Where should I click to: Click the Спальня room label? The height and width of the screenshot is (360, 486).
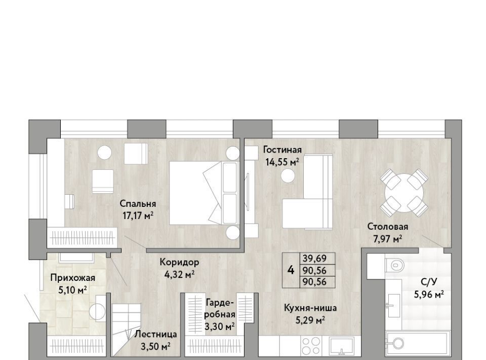pyautogui.click(x=138, y=204)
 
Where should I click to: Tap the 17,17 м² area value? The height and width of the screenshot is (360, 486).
pyautogui.click(x=138, y=215)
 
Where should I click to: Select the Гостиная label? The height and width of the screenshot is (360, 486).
pyautogui.click(x=282, y=150)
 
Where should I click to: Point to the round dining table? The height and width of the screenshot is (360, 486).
pyautogui.click(x=404, y=193)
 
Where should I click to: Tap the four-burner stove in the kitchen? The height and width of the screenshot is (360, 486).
pyautogui.click(x=311, y=346)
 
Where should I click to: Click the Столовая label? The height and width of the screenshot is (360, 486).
pyautogui.click(x=387, y=227)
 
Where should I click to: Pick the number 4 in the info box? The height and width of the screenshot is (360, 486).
pyautogui.click(x=291, y=270)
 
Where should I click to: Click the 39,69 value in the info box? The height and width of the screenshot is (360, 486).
pyautogui.click(x=314, y=258)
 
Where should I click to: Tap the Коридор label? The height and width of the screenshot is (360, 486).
pyautogui.click(x=179, y=263)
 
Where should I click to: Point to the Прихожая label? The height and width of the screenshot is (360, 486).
pyautogui.click(x=72, y=278)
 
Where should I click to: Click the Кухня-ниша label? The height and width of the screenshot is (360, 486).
pyautogui.click(x=310, y=308)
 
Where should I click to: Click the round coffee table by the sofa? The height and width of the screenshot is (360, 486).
pyautogui.click(x=288, y=176)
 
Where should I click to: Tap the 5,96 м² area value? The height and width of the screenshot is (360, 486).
pyautogui.click(x=429, y=294)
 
